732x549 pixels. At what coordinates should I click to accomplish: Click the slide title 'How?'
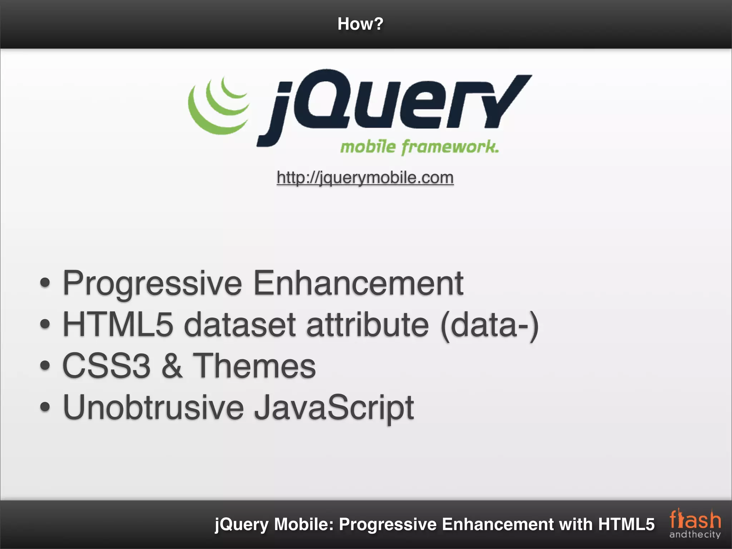tap(360, 24)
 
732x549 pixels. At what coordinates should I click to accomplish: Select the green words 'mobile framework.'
tap(419, 147)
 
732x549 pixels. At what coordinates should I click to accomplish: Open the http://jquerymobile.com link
tap(365, 178)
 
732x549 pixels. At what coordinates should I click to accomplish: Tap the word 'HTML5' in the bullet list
tap(118, 325)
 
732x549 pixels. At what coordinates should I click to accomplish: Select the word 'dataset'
tap(240, 325)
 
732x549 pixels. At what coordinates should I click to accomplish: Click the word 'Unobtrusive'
tap(153, 407)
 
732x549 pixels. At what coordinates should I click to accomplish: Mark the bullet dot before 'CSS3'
tap(45, 366)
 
